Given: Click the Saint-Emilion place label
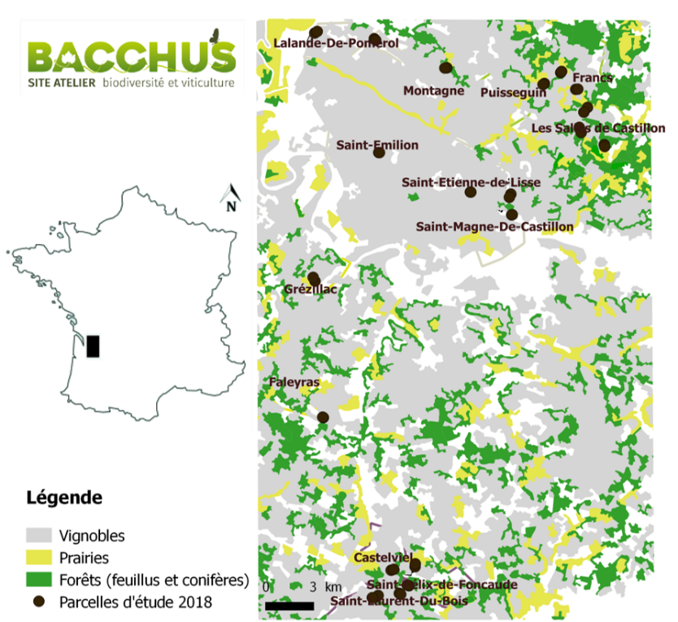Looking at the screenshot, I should coord(377,146).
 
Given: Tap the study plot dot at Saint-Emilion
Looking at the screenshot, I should coord(379,152).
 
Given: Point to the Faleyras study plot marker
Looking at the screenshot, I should coord(323,417).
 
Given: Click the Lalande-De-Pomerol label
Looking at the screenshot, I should coord(336,42).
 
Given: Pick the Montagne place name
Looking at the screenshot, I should coord(433,90).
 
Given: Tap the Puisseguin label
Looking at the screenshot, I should coord(513,93).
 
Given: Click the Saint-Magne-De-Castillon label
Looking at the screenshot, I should coord(494,227).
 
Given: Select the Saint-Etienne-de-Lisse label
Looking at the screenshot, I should coord(470,183).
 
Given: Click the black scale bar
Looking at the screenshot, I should coord(289,606).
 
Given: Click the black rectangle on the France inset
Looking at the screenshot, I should coord(93,346).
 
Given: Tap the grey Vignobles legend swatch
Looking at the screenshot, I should coord(39,537).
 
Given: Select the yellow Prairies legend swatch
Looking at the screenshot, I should coord(39,559).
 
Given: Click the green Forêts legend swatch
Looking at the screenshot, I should coord(39,581).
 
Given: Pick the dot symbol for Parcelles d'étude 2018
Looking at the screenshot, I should coord(39,602).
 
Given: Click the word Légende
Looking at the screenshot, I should coord(64,496).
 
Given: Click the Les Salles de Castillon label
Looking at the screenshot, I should coord(598,128).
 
